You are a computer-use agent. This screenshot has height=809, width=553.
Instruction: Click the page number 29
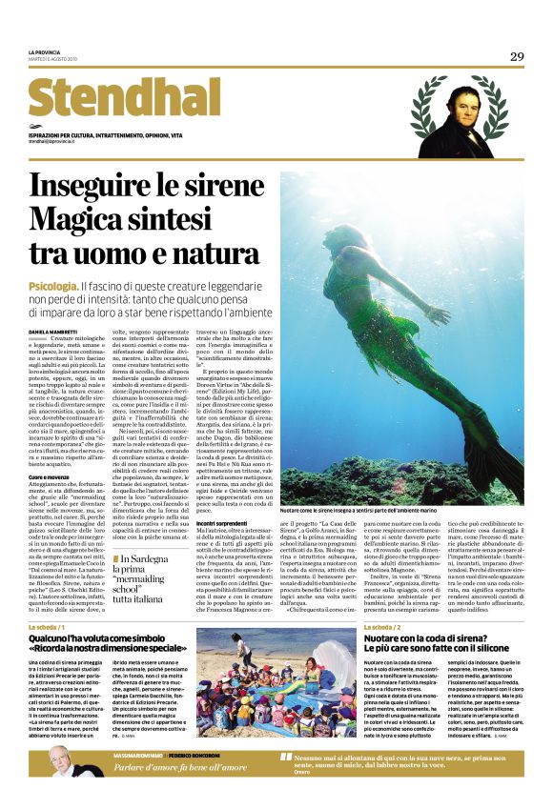coord(517,56)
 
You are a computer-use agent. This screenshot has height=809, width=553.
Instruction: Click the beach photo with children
coord(276,682)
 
